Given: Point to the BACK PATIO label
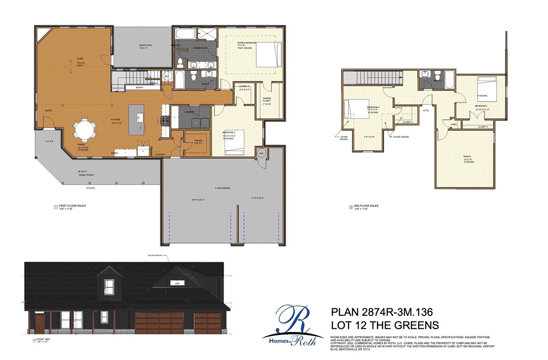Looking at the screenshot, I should coord(146,47).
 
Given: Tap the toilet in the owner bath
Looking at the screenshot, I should coord(180,62).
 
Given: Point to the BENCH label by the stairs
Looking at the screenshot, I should coord(139,88).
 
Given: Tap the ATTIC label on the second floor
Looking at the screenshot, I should coord(426,111).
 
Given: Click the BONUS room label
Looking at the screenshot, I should coord(467,157).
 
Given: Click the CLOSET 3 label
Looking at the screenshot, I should coord(483,126).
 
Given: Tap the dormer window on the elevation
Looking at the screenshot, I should coord(109,287).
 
